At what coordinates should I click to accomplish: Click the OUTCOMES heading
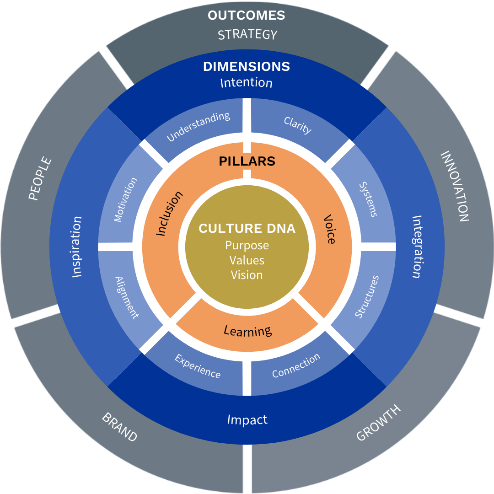[x=246, y=16]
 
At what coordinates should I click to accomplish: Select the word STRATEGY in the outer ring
[x=247, y=35]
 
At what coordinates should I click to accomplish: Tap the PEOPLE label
[x=40, y=179]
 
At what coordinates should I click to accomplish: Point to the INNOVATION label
[x=454, y=187]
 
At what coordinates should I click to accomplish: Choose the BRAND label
[x=119, y=427]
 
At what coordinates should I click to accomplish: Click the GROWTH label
[x=378, y=423]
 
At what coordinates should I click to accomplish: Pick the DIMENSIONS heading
[x=247, y=67]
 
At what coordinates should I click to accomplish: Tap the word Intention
[x=246, y=83]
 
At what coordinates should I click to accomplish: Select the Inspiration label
[x=77, y=247]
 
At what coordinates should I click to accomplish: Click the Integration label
[x=417, y=247]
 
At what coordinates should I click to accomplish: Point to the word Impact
[x=247, y=419]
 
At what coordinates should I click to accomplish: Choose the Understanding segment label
[x=198, y=127]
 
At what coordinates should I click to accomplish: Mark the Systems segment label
[x=368, y=199]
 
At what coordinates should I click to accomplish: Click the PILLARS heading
[x=247, y=161]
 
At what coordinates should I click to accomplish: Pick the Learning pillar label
[x=247, y=330]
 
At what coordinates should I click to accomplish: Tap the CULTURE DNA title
[x=247, y=229]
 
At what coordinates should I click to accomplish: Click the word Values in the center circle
[x=247, y=260]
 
